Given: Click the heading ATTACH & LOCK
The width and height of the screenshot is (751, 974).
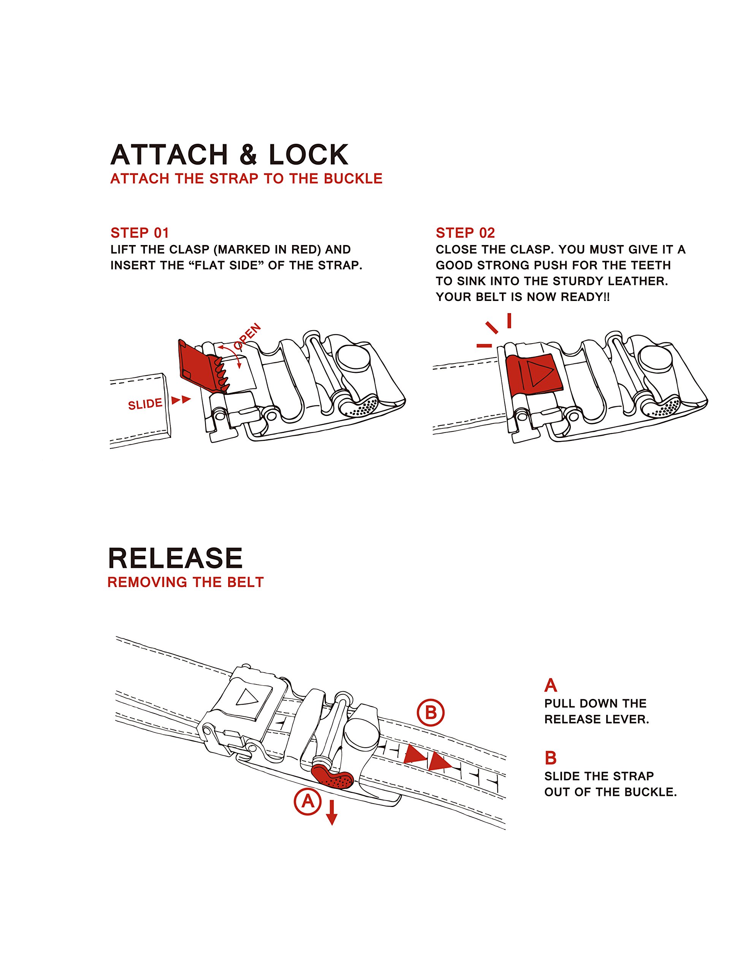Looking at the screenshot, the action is pyautogui.click(x=229, y=155).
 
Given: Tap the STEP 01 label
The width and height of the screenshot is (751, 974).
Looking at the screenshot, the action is pyautogui.click(x=140, y=233).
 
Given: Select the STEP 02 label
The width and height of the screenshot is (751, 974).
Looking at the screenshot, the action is pyautogui.click(x=465, y=233).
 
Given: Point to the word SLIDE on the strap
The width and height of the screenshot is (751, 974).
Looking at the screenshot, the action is pyautogui.click(x=145, y=404).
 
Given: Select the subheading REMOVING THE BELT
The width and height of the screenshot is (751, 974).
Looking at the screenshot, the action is pyautogui.click(x=186, y=582).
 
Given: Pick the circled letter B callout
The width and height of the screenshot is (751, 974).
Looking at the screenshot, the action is pyautogui.click(x=430, y=712).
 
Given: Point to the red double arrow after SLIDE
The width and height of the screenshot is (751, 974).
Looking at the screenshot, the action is pyautogui.click(x=181, y=399).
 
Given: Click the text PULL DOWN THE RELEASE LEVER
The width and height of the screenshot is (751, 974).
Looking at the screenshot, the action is pyautogui.click(x=596, y=711).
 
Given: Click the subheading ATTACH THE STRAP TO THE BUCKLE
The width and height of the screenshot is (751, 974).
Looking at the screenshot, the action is pyautogui.click(x=246, y=179).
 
